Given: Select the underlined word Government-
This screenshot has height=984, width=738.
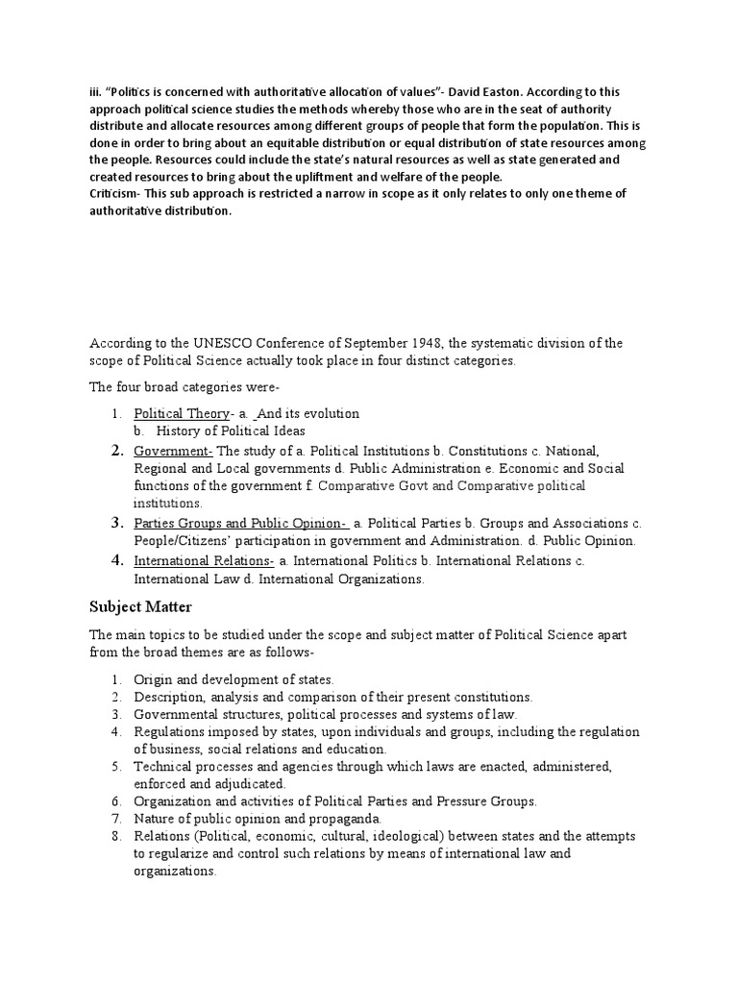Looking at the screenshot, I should click(173, 451).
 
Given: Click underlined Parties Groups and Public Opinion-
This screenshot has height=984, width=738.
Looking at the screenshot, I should click(240, 524).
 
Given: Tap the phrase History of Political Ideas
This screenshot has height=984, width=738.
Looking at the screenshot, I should click(231, 431).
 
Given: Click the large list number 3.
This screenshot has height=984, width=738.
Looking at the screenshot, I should click(116, 524).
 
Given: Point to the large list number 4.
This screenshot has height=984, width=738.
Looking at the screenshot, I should click(116, 560).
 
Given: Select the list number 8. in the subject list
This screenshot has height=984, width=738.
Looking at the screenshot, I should click(115, 836).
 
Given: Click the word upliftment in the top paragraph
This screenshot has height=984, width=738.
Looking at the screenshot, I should click(373, 177).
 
